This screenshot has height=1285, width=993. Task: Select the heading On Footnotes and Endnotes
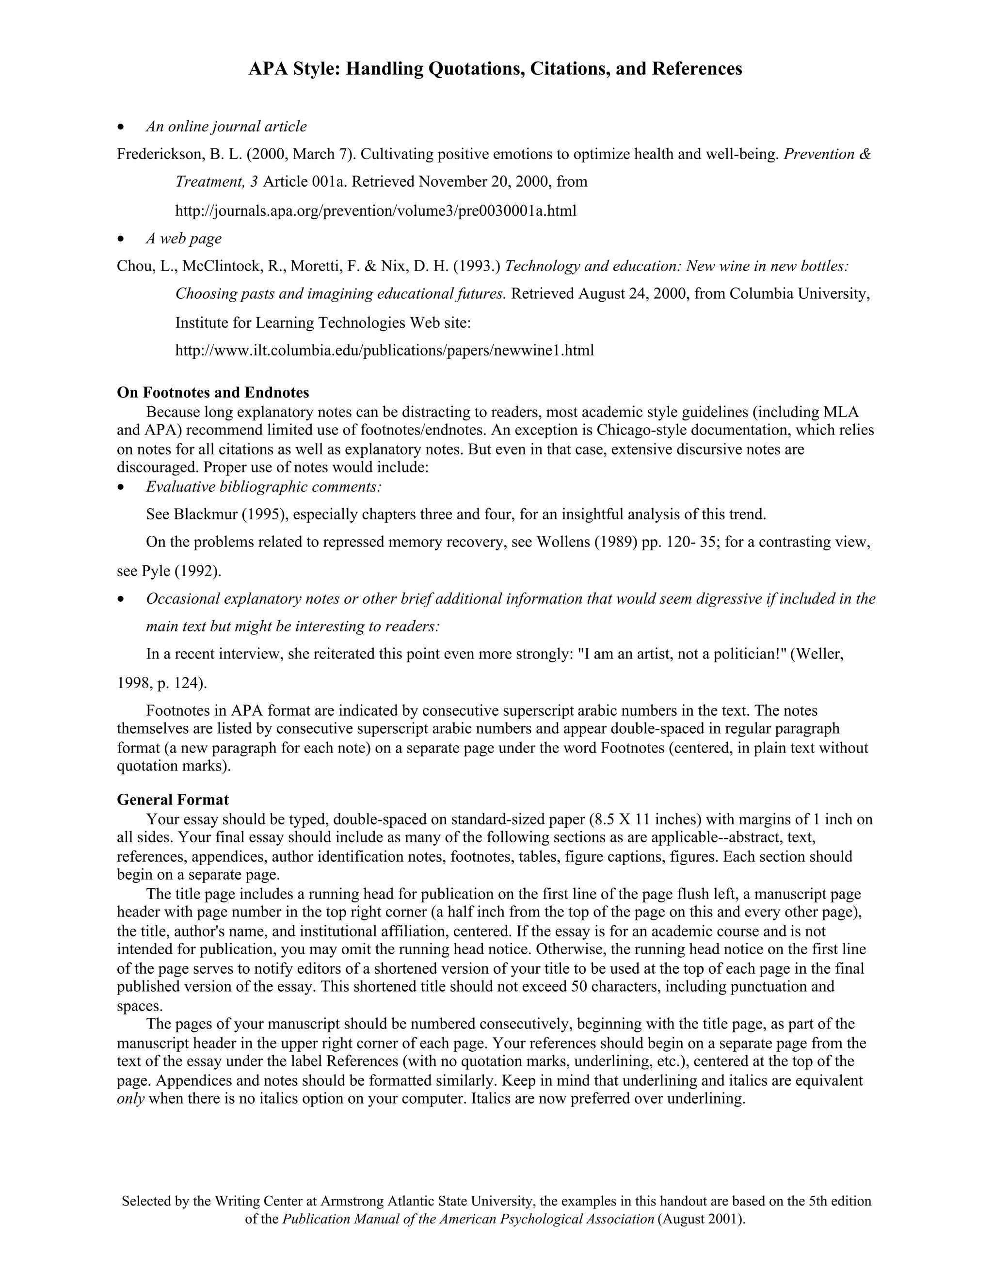click(x=213, y=392)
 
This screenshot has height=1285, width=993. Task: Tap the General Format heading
click(x=173, y=800)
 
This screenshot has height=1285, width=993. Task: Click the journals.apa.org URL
click(x=376, y=210)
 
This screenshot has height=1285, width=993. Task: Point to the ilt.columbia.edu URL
click(x=384, y=351)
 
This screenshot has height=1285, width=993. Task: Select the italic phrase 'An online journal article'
click(x=226, y=127)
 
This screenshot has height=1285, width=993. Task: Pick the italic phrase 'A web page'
click(x=184, y=238)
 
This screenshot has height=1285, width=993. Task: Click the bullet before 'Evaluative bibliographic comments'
click(x=121, y=487)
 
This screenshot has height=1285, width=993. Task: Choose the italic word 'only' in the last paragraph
click(x=130, y=1098)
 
